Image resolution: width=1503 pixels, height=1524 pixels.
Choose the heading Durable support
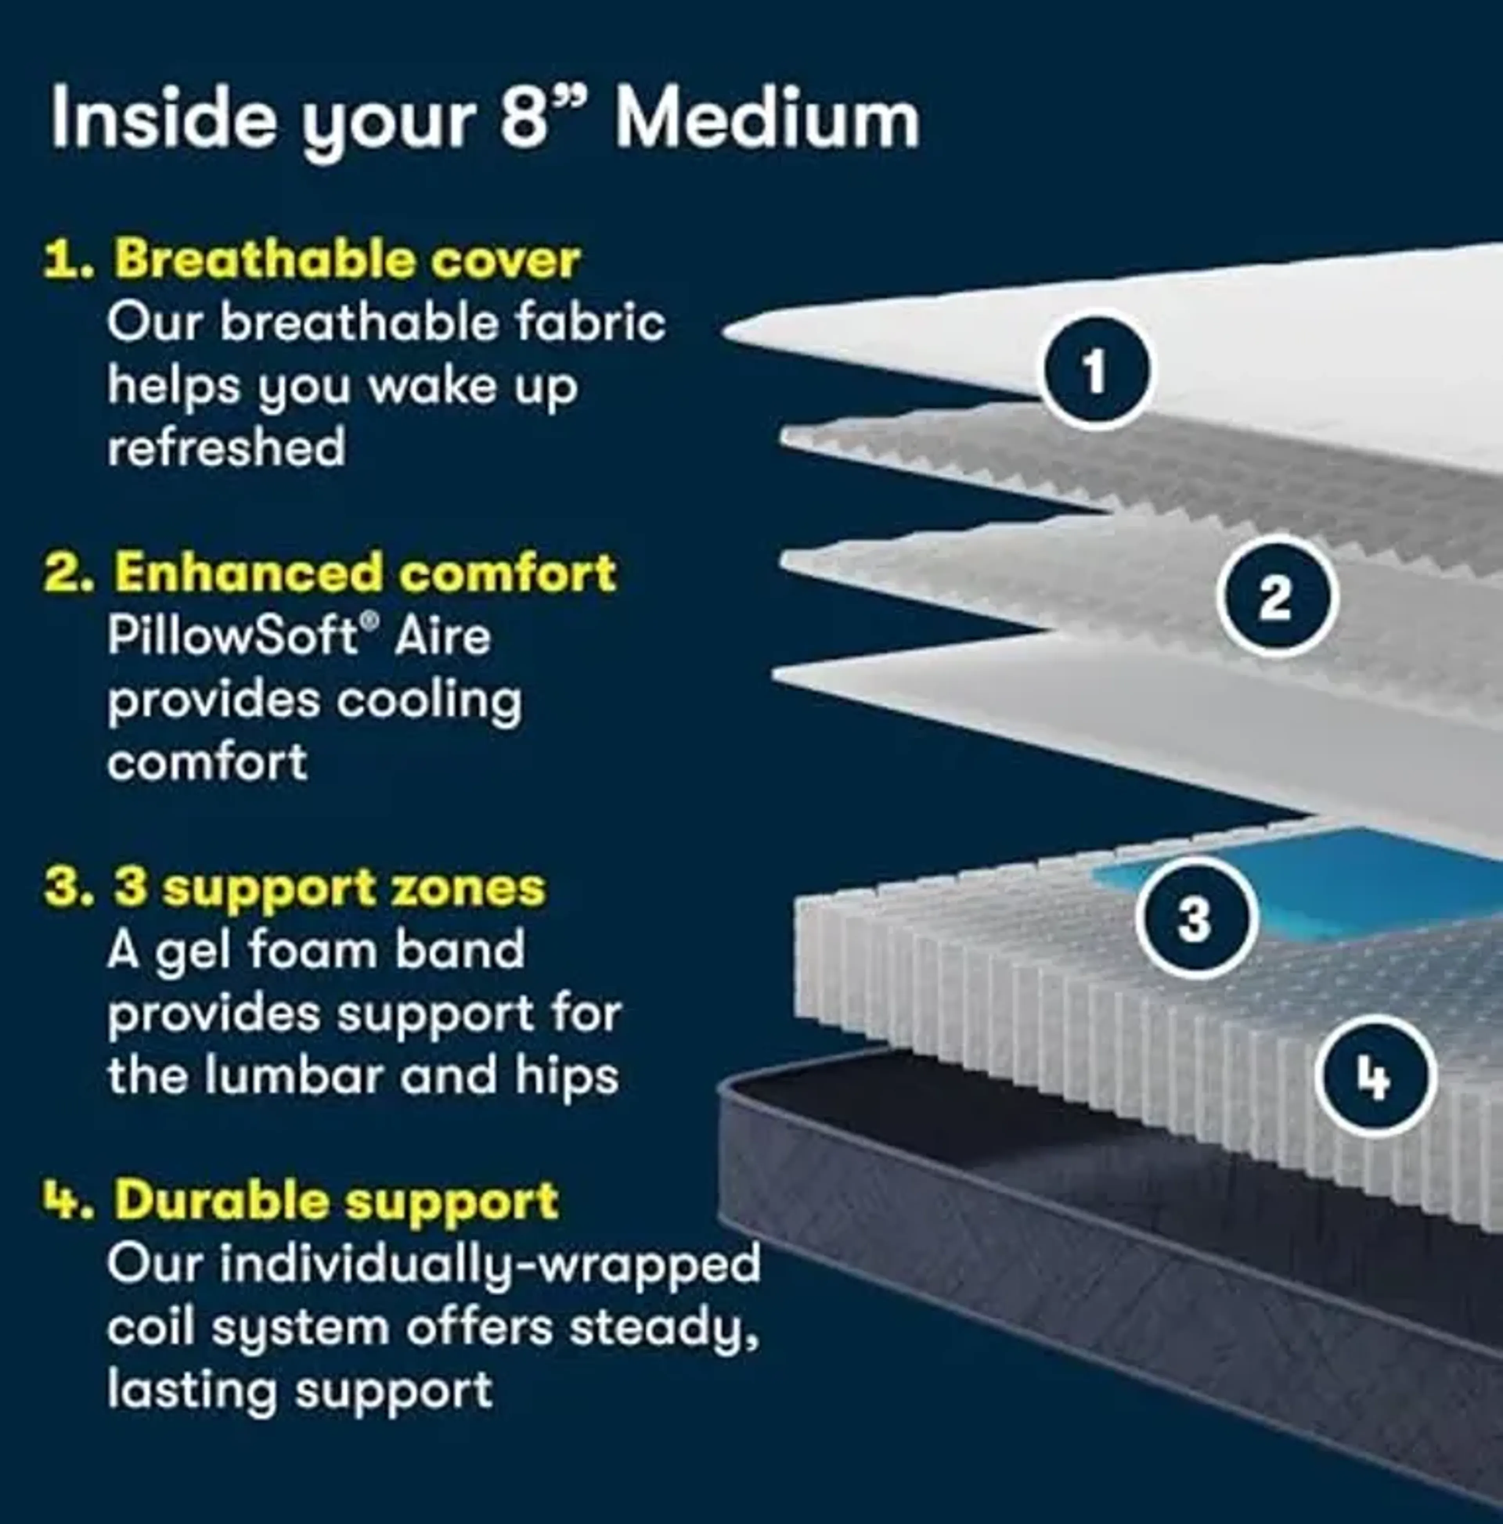(x=337, y=1200)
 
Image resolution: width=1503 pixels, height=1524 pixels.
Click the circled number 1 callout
(x=1094, y=369)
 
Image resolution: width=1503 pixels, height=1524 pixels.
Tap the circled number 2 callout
(x=1276, y=597)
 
